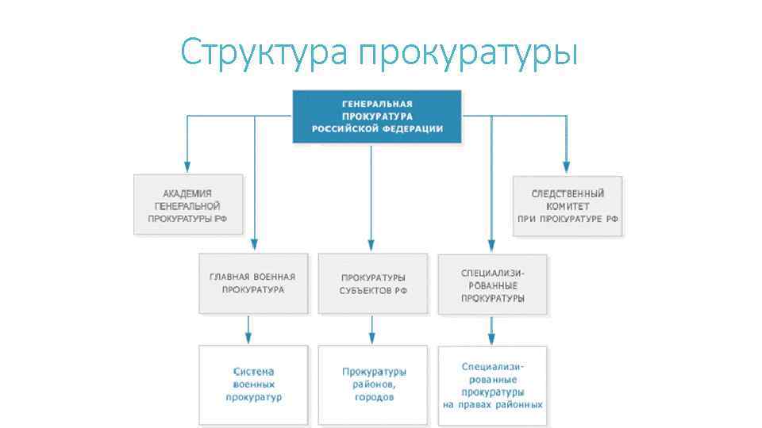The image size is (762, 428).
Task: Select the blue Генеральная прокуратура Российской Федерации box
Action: click(x=377, y=117)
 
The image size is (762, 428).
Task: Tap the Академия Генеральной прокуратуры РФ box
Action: click(x=188, y=204)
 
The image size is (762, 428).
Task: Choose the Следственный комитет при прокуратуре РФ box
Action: click(x=568, y=206)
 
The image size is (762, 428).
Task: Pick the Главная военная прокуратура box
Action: click(x=252, y=283)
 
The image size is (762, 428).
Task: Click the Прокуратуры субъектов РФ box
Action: click(x=372, y=284)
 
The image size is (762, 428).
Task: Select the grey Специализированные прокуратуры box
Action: click(x=492, y=284)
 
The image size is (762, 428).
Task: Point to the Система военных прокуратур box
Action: click(x=253, y=384)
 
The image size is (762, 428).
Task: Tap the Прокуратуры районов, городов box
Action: click(x=373, y=384)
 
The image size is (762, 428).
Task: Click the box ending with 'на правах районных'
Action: click(x=492, y=385)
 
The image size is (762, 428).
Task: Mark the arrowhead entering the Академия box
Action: click(x=187, y=167)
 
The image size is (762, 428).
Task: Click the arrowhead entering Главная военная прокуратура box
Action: click(x=255, y=246)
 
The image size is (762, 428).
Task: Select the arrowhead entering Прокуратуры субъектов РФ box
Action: click(x=371, y=246)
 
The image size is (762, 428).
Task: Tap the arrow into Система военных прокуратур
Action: click(x=248, y=337)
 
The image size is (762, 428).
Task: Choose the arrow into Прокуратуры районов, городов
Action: click(x=371, y=337)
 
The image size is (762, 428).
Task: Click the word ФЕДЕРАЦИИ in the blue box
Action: click(x=415, y=128)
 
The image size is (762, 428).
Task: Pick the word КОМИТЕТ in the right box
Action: click(x=568, y=205)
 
